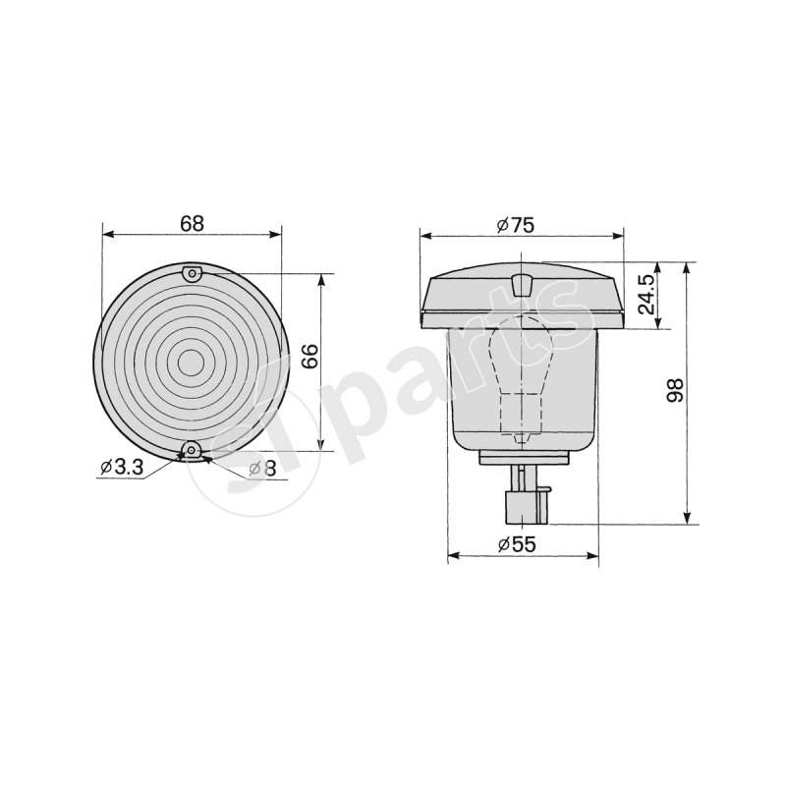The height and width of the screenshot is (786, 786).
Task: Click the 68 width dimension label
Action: point(192,223)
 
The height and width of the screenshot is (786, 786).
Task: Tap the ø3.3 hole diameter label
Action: point(122,468)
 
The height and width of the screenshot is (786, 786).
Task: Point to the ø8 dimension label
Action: point(262,468)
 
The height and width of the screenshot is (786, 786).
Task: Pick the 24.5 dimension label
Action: point(646,295)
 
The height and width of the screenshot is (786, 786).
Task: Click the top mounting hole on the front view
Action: point(193,272)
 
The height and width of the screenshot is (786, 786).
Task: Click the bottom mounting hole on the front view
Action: point(193,452)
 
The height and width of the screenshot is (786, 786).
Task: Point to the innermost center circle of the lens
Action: point(193,362)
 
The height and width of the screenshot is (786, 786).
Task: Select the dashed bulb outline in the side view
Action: point(523,373)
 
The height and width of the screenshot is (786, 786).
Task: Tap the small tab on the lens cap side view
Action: point(523,285)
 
